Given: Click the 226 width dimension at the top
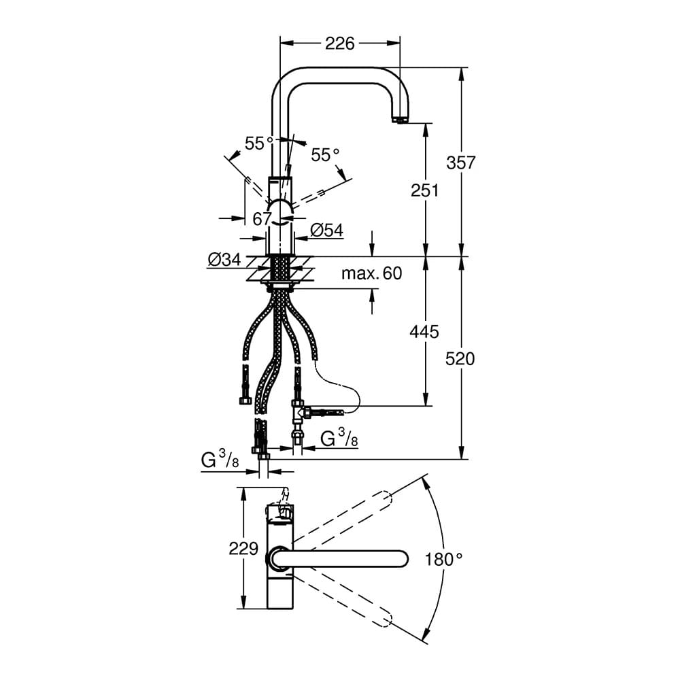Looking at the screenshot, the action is point(339,44).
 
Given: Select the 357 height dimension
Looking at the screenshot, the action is point(461,163).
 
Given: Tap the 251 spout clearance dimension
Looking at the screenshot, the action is point(424,190).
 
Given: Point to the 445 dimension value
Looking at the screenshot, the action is point(424,332).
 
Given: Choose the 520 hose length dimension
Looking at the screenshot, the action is point(460,358).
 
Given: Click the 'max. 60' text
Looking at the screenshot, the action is point(372,273).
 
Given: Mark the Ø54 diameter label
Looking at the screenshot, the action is point(327,231).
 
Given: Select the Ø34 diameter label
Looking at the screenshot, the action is point(224,259).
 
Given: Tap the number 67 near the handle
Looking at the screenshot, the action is point(262,219).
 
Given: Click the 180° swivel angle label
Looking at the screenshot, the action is point(443,560).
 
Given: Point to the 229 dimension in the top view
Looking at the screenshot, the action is point(243,549).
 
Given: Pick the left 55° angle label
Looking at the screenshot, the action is point(259,143).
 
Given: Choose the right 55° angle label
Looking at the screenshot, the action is point(325,154).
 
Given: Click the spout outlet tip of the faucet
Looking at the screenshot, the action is point(400,120).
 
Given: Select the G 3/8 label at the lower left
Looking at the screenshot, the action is point(220,460).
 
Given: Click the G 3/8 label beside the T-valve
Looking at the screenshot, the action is point(339,439).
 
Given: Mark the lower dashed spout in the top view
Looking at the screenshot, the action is point(343,600).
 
